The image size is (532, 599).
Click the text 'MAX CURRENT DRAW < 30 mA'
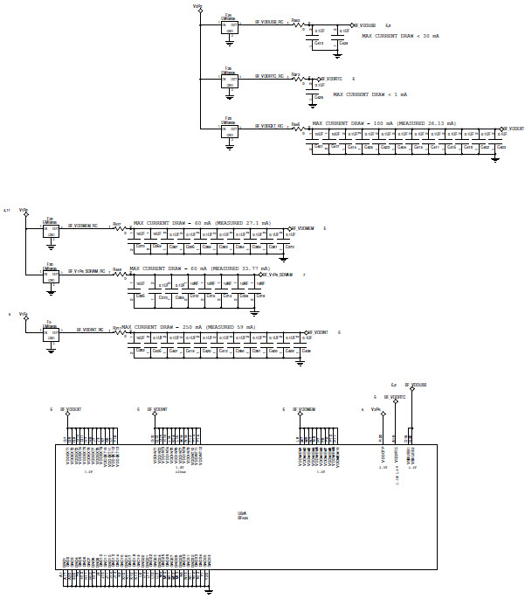tap(401, 36)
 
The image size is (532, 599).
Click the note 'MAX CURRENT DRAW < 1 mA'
tap(370, 94)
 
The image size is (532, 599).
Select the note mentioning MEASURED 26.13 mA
tap(384, 123)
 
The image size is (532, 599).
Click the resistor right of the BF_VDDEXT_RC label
tap(296, 129)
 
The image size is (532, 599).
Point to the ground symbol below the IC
tap(209, 590)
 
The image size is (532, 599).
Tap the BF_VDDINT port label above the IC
tap(158, 409)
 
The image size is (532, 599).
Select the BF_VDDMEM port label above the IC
tap(302, 409)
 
